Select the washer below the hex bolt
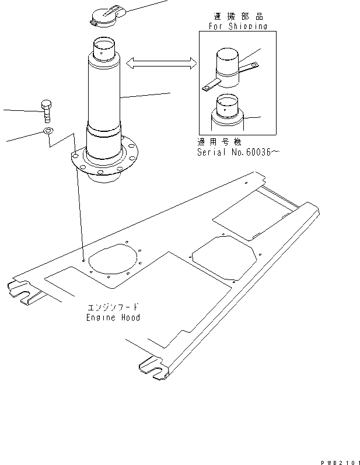(48, 131)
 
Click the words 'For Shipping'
(237, 26)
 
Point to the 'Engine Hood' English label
(113, 318)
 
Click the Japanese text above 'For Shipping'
(238, 17)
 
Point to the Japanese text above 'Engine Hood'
(113, 307)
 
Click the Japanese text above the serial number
(219, 142)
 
